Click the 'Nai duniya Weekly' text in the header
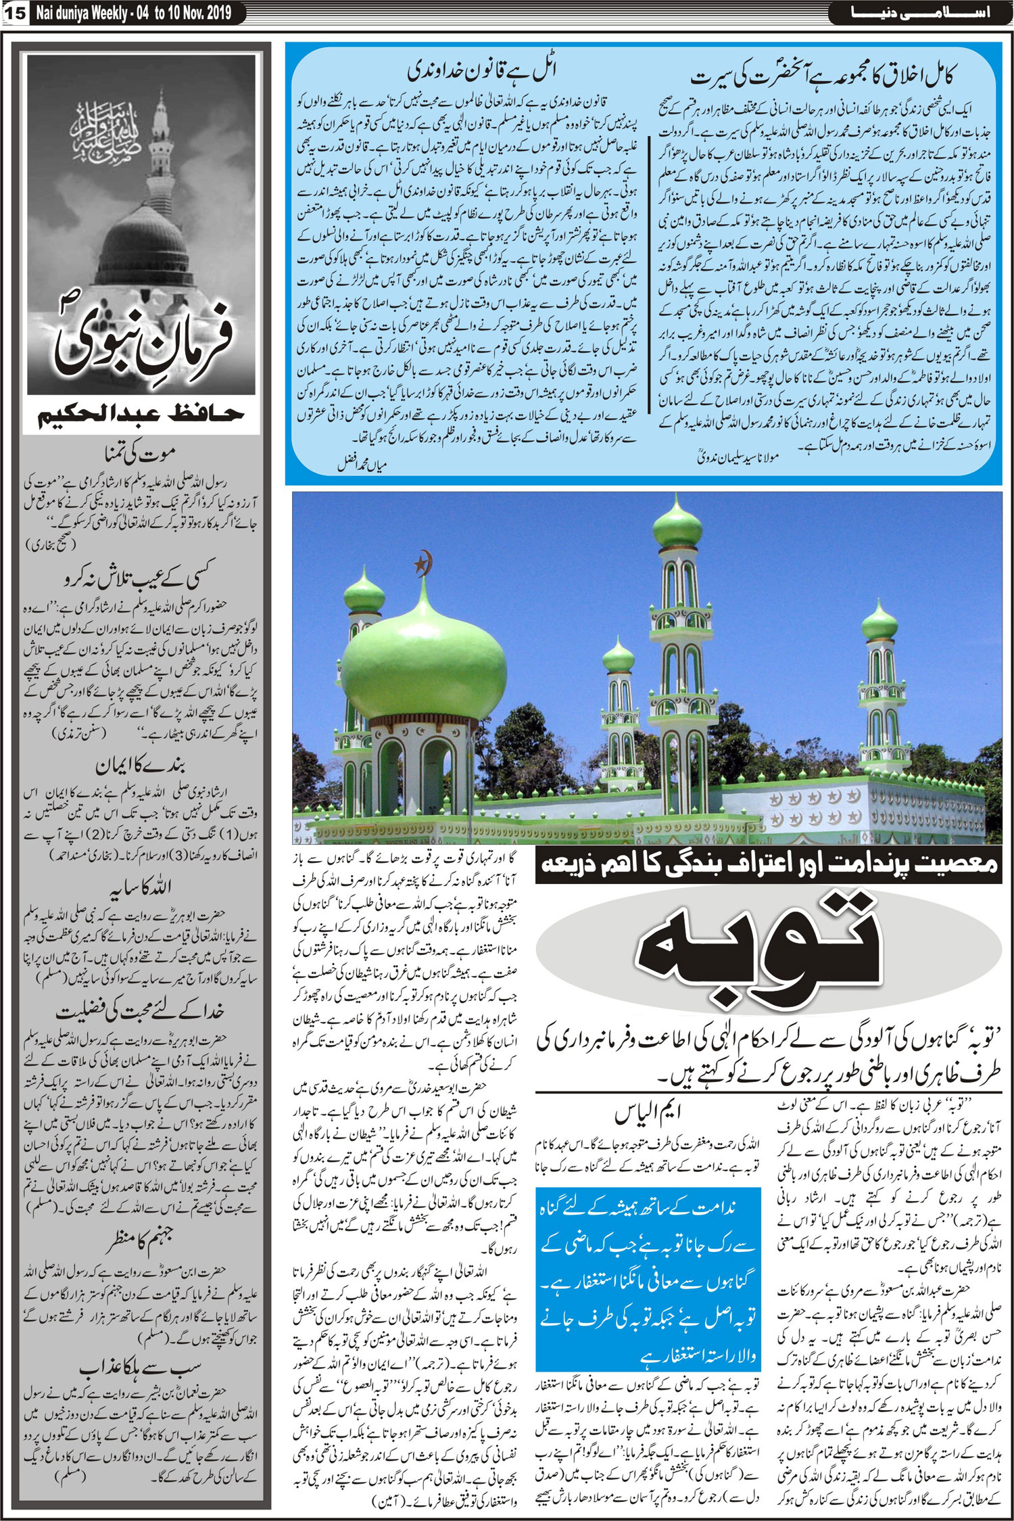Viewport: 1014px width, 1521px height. pyautogui.click(x=80, y=12)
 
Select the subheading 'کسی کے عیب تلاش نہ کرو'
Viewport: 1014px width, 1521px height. pyautogui.click(x=141, y=578)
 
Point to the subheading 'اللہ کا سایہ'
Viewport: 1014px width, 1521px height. pyautogui.click(x=141, y=886)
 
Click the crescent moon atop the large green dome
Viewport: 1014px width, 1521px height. pyautogui.click(x=425, y=562)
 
